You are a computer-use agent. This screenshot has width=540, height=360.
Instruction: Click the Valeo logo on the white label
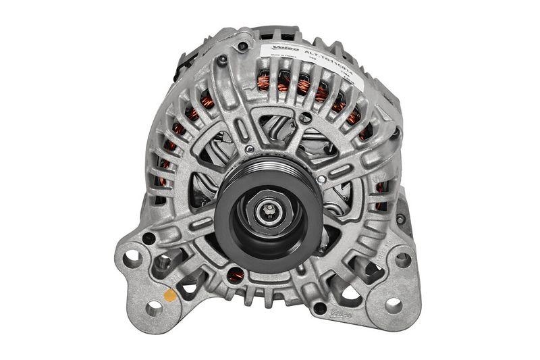(281, 48)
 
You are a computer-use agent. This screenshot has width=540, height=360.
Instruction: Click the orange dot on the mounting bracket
(170, 295)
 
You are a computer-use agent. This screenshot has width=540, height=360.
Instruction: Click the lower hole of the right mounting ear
(394, 305)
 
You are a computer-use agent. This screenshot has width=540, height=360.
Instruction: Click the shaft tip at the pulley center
(269, 210)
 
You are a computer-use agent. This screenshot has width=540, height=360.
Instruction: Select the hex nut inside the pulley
(269, 211)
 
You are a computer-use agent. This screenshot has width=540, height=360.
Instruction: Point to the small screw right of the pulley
(323, 180)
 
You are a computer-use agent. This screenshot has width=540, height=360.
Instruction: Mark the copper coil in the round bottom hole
(234, 274)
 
